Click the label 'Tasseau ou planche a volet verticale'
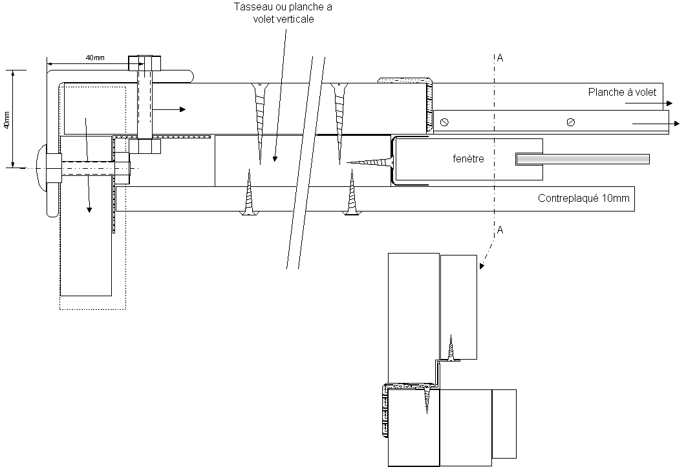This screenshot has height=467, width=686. tap(283, 13)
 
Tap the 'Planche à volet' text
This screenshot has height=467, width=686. tap(622, 92)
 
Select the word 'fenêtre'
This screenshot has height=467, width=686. tap(468, 158)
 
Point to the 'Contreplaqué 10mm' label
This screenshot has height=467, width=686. tap(584, 199)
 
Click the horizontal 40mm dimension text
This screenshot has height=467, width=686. tap(95, 58)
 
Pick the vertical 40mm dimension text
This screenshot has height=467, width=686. tap(6, 119)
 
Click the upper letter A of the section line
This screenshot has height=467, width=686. tap(500, 58)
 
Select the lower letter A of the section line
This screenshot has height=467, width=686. tap(500, 230)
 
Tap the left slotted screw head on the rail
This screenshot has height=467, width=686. tap(444, 122)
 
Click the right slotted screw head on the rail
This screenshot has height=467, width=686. tap(570, 122)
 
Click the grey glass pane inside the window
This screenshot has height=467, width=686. tap(583, 159)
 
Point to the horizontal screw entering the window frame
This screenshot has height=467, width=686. tap(371, 162)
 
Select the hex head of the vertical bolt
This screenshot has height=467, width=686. tap(144, 63)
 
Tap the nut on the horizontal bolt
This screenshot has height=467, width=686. tap(122, 168)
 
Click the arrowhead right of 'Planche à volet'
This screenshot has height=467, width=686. tap(669, 103)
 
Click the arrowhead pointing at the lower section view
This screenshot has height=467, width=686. tap(482, 266)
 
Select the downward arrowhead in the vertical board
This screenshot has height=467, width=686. tap(89, 209)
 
